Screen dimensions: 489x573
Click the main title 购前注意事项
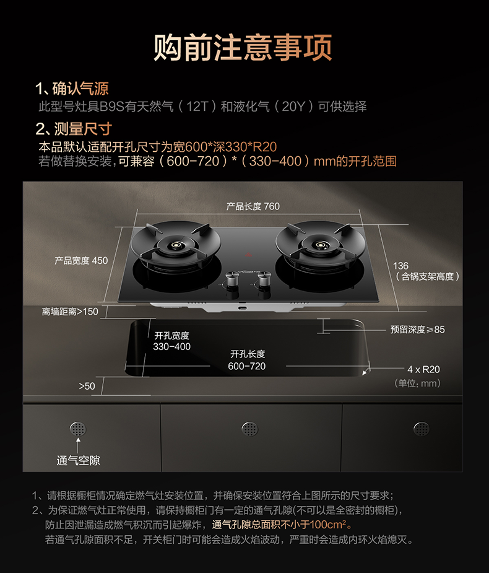pos(243,48)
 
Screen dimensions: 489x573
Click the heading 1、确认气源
pos(72,89)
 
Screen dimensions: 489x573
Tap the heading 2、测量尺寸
pos(74,129)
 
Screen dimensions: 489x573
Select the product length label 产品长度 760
pos(253,206)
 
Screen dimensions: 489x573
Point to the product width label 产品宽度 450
pos(81,261)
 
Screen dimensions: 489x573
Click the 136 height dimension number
pos(400,266)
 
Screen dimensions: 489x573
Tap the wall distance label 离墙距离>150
pos(70,312)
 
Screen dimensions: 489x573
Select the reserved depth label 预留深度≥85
pos(417,330)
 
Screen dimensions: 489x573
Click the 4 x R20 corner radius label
pos(423,369)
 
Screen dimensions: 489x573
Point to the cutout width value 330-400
pos(171,346)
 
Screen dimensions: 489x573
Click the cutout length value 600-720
pos(247,366)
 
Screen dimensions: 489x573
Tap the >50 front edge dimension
pos(87,387)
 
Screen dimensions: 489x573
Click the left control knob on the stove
pos(232,279)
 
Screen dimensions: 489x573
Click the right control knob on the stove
pos(264,279)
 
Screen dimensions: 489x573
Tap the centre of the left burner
pos(176,245)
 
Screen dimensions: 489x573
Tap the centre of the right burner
pos(321,245)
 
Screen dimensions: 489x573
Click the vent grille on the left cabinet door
pos(78,429)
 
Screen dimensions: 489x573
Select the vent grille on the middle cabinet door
pos(250,429)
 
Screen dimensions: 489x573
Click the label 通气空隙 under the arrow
pos(78,460)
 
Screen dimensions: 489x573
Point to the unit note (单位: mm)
pos(417,383)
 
